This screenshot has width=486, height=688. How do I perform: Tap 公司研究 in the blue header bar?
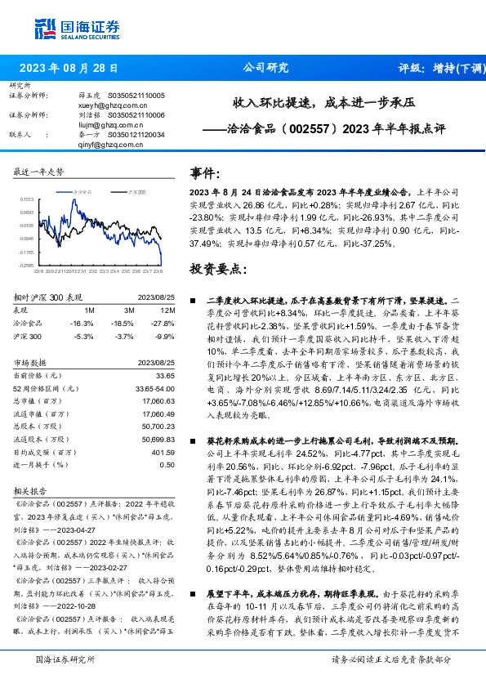pos(265,69)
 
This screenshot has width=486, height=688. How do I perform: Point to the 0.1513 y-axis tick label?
pos(26,199)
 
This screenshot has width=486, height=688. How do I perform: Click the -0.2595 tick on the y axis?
pos(26,265)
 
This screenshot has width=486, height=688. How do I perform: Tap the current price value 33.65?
pos(165,375)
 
